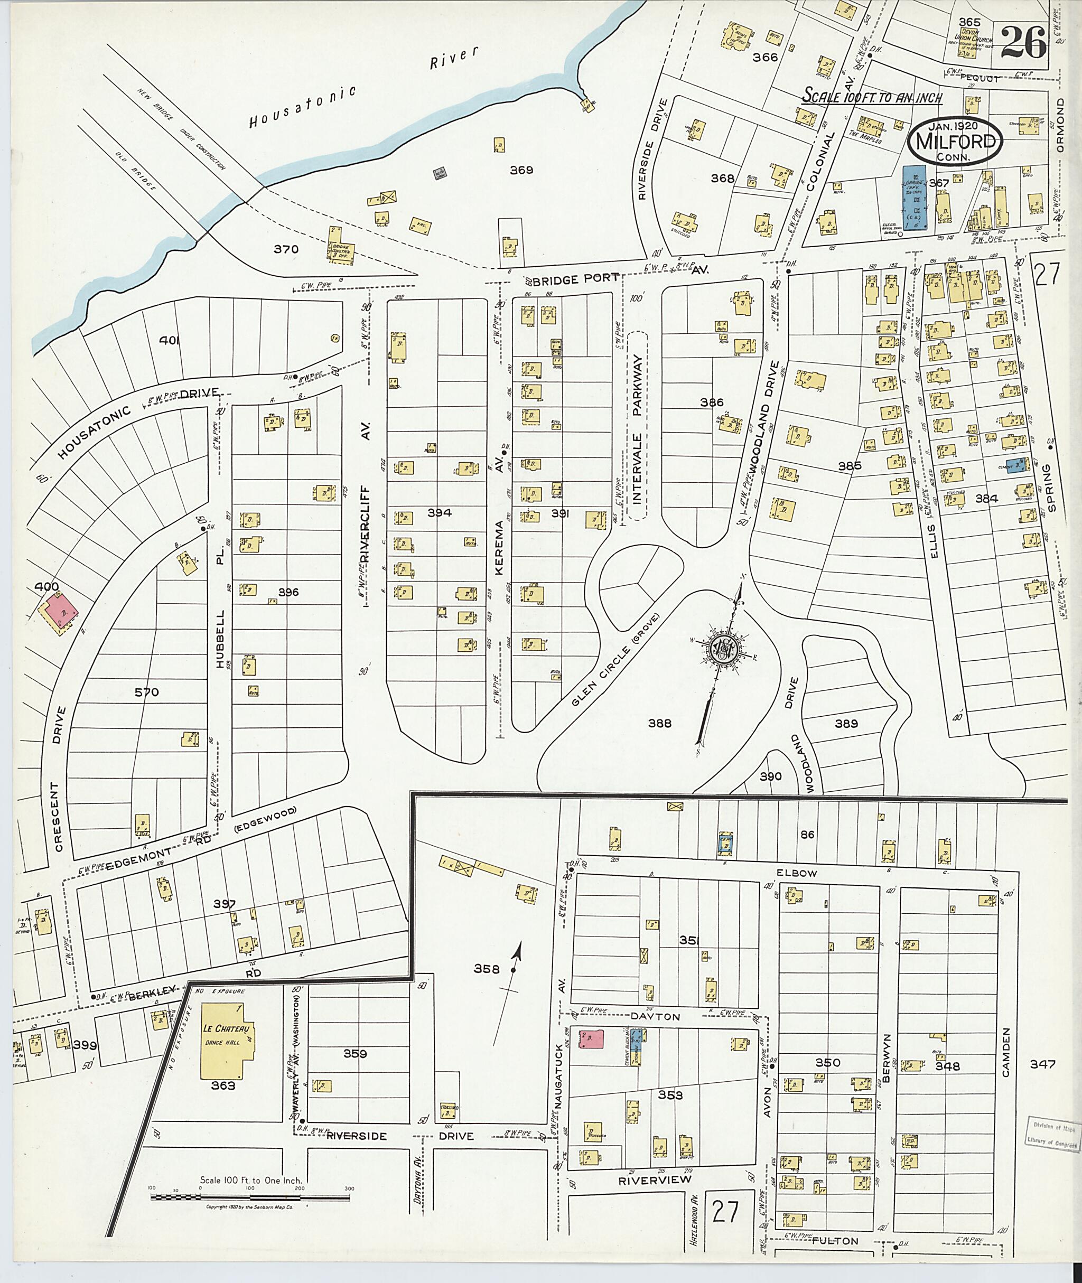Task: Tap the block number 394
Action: [x=439, y=512]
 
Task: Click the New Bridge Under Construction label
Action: [x=180, y=128]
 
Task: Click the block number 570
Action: [x=146, y=692]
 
